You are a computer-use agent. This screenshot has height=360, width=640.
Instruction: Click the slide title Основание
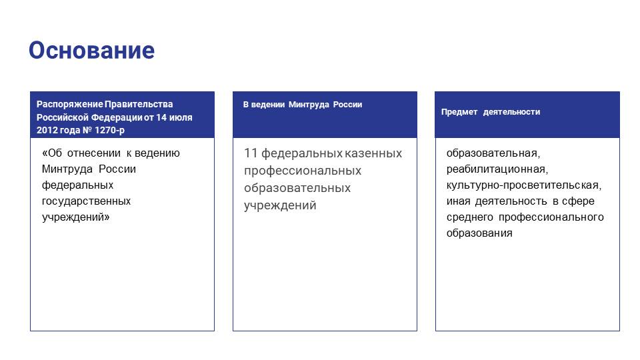91,50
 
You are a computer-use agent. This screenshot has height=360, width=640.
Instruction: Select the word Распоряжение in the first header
70,105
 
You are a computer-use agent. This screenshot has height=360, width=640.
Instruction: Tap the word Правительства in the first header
139,105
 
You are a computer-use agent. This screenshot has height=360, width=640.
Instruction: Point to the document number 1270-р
109,130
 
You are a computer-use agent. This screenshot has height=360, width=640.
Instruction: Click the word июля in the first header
181,117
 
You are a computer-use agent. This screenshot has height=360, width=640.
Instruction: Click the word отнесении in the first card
94,153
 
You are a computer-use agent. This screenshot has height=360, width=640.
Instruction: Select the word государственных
86,201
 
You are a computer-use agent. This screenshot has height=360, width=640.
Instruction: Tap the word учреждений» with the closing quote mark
75,217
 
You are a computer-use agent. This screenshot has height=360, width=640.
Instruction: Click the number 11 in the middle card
251,153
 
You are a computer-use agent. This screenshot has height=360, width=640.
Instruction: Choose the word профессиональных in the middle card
303,171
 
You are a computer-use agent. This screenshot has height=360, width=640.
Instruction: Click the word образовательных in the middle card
297,188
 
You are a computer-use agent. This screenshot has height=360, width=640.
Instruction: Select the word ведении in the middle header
268,105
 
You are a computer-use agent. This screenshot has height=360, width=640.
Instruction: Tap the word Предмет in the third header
459,112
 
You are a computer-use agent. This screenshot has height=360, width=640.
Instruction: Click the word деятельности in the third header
511,112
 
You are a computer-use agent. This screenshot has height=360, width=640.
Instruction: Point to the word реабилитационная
497,169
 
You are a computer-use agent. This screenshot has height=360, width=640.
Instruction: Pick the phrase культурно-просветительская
524,185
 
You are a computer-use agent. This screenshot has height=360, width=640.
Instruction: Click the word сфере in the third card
578,201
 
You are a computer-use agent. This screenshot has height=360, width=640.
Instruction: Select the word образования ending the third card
479,233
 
